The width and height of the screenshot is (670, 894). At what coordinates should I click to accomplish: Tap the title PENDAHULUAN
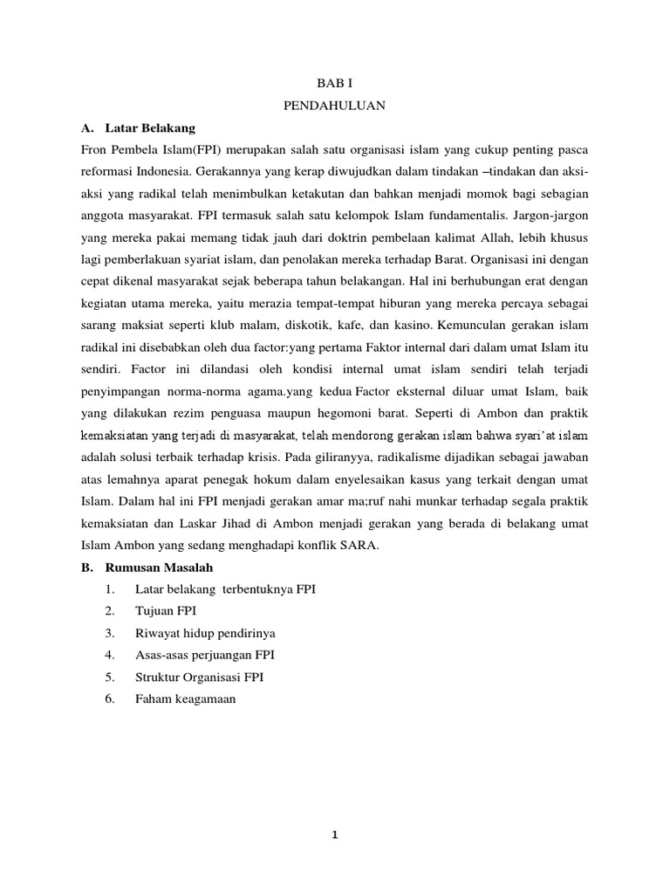[334, 106]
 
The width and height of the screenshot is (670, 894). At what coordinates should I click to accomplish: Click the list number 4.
[109, 654]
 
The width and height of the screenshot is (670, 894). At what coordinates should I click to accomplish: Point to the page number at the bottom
[334, 836]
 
